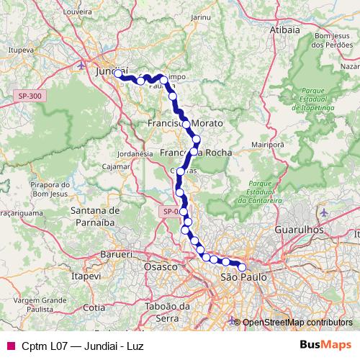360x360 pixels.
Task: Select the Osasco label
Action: (x=161, y=267)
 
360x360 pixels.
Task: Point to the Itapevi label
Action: (x=86, y=276)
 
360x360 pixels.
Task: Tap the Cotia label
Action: (x=94, y=307)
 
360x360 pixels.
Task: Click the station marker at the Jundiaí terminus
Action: (x=118, y=73)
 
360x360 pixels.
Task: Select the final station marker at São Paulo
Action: (x=243, y=267)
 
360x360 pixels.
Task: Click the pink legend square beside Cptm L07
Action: (x=7, y=346)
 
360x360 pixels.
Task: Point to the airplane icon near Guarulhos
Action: (x=324, y=213)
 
